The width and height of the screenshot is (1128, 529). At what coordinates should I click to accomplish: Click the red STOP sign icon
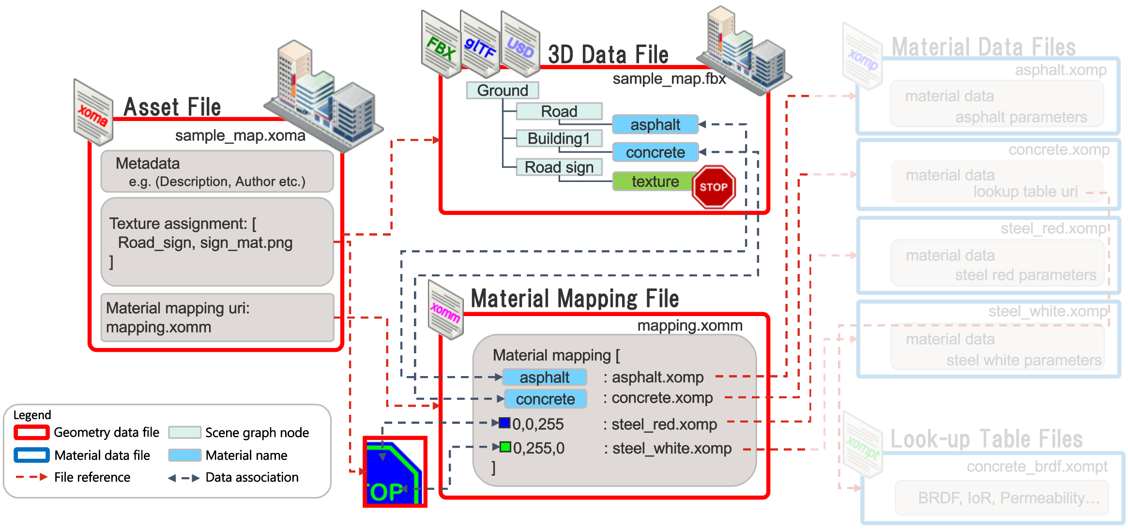[x=714, y=187]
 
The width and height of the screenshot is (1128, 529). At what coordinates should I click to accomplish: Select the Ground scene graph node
[x=503, y=91]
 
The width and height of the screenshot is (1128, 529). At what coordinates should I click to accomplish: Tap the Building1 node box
[x=559, y=138]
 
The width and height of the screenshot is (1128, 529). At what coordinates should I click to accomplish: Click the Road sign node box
[x=559, y=167]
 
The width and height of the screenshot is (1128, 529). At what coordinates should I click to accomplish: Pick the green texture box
[x=654, y=181]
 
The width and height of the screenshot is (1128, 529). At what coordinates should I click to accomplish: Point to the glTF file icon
[x=480, y=46]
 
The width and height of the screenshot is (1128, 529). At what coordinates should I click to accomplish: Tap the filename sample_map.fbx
[x=669, y=79]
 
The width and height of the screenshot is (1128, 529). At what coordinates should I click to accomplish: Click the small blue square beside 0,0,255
[x=505, y=423]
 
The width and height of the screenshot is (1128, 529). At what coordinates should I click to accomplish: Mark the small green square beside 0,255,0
[x=505, y=447]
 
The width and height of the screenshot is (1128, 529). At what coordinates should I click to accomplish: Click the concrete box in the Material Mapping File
[x=545, y=399]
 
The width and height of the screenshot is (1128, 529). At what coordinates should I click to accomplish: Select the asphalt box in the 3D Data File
[x=655, y=125]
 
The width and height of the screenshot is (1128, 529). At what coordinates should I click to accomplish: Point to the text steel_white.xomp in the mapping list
[x=672, y=449]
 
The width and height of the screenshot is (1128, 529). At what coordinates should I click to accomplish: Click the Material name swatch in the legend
[x=184, y=455]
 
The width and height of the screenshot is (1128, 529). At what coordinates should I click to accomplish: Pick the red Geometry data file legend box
[x=31, y=432]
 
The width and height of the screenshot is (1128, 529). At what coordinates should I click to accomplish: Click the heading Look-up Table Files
[x=986, y=439]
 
